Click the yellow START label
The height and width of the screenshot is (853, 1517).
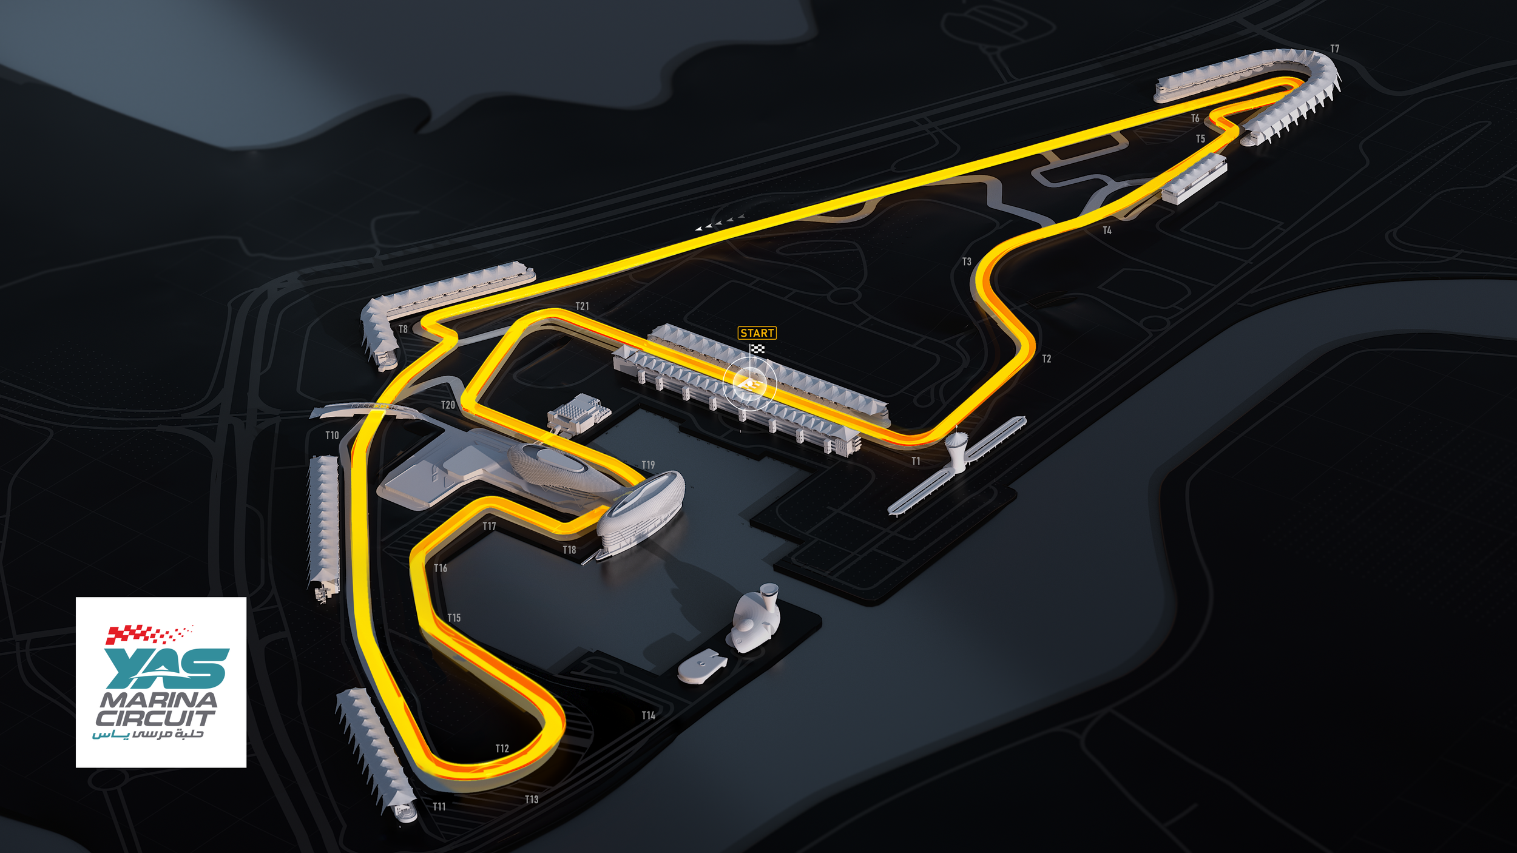(x=757, y=333)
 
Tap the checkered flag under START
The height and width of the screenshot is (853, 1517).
(x=757, y=349)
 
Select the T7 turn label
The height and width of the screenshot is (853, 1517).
(x=1334, y=49)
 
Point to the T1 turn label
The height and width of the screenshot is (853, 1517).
(x=916, y=461)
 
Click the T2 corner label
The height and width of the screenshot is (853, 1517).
(x=1046, y=359)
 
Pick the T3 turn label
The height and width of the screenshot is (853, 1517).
(x=967, y=261)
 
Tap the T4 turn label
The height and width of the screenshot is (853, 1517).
(x=1107, y=231)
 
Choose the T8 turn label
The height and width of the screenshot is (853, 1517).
(x=403, y=329)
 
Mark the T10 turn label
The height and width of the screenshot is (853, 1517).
(x=332, y=436)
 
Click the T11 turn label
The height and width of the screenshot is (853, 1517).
(x=439, y=807)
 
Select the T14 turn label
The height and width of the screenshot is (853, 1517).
(x=648, y=716)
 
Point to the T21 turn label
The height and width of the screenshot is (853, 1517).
(x=582, y=306)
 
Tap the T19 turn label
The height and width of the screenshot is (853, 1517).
(x=648, y=465)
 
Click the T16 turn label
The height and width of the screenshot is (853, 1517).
(x=441, y=568)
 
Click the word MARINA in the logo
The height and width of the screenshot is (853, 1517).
(x=158, y=700)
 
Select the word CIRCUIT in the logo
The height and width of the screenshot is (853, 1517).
(x=155, y=719)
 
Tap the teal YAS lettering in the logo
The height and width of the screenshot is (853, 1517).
(x=167, y=668)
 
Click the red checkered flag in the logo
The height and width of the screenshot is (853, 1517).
(x=146, y=634)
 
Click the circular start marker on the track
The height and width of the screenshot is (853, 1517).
(x=749, y=383)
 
